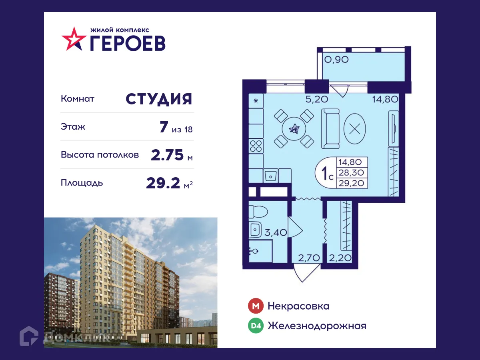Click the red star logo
74,39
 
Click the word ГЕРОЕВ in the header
127,42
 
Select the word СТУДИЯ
159,99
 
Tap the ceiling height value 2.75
168,155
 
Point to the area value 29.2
164,183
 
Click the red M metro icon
255,306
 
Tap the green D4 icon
255,326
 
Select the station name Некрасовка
298,306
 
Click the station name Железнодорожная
317,326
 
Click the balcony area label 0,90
336,60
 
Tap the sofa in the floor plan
331,128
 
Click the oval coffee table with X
354,128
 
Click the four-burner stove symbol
256,146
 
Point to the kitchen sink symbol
271,175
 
